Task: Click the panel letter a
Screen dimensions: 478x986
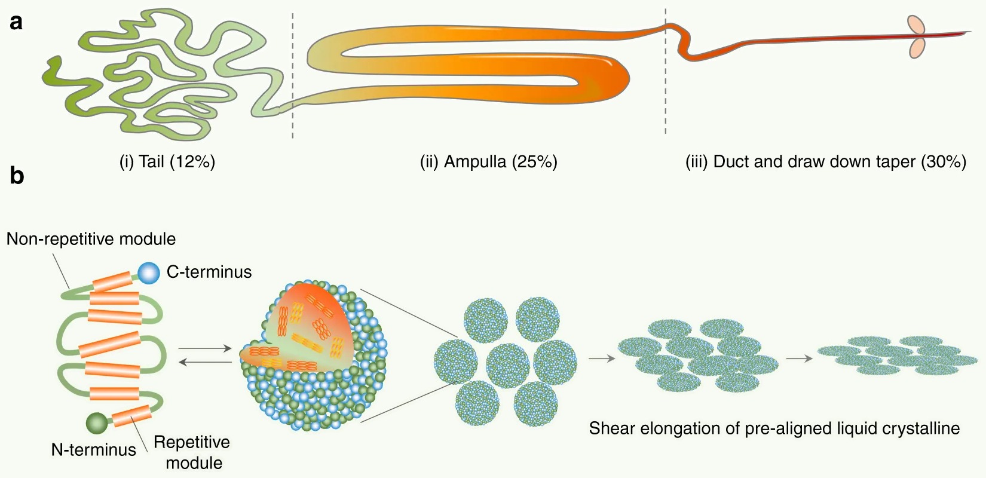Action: [x=16, y=22]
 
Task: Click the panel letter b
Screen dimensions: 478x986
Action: [x=17, y=176]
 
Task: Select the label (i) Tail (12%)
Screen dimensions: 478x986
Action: [x=167, y=162]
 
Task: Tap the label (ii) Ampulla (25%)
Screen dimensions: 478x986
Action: [x=488, y=162]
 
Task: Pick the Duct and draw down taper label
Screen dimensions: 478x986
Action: [x=825, y=162]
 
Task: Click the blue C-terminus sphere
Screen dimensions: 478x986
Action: [x=149, y=272]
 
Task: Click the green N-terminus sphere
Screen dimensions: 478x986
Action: [x=97, y=423]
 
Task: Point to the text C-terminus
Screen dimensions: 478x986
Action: [x=209, y=272]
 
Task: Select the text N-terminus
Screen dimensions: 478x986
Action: [x=94, y=449]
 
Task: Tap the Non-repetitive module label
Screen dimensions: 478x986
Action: [x=91, y=239]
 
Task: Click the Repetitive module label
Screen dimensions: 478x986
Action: [x=192, y=452]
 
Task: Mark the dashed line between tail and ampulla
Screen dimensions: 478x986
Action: [x=292, y=75]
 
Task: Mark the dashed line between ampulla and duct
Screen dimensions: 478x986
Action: [x=665, y=72]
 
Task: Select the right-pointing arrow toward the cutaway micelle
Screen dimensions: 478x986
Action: [x=205, y=348]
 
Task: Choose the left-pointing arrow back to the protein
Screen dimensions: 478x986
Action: [x=205, y=362]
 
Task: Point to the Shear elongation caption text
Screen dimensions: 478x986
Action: [x=774, y=428]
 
